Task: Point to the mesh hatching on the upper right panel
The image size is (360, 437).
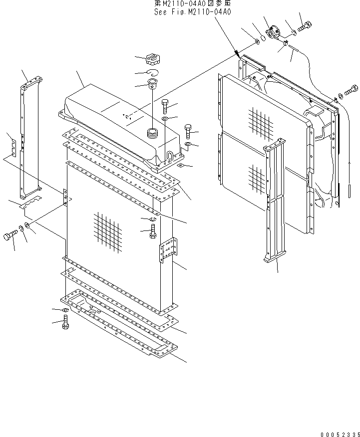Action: [260, 121]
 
